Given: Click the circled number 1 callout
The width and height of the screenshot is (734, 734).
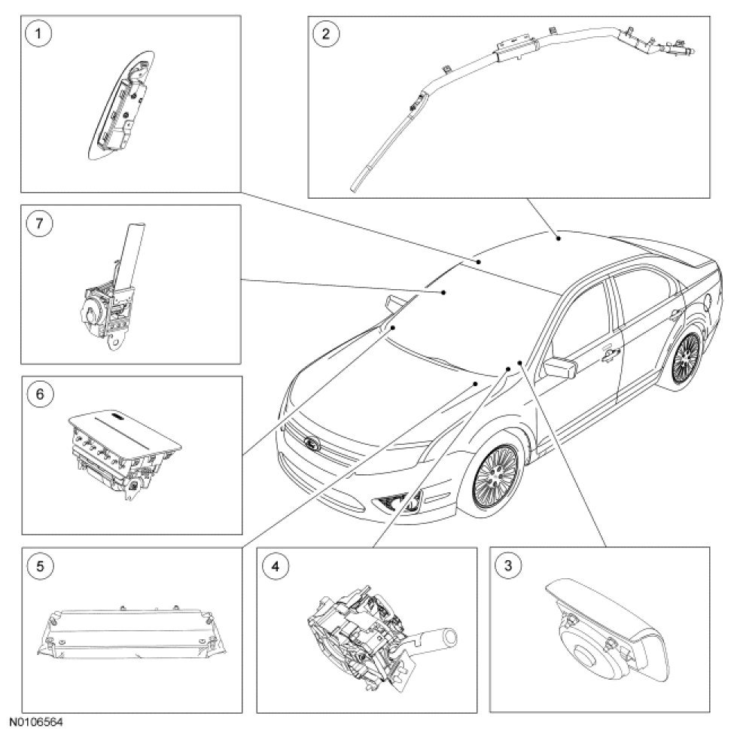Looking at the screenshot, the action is tap(38, 34).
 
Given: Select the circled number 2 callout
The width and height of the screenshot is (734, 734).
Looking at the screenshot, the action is tap(326, 34).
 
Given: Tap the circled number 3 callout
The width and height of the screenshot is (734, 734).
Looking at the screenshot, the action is tap(508, 565).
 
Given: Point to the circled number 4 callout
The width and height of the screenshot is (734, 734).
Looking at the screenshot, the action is tap(276, 566).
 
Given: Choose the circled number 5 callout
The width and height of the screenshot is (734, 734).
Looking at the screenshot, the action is tap(40, 566).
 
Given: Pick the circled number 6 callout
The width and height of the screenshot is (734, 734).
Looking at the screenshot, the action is tap(40, 394).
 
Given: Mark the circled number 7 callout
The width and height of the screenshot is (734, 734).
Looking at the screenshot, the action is tap(39, 223).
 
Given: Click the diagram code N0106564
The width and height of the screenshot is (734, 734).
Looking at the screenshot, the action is tap(35, 722).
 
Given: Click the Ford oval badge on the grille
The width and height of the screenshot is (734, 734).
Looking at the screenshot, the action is tap(312, 443).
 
